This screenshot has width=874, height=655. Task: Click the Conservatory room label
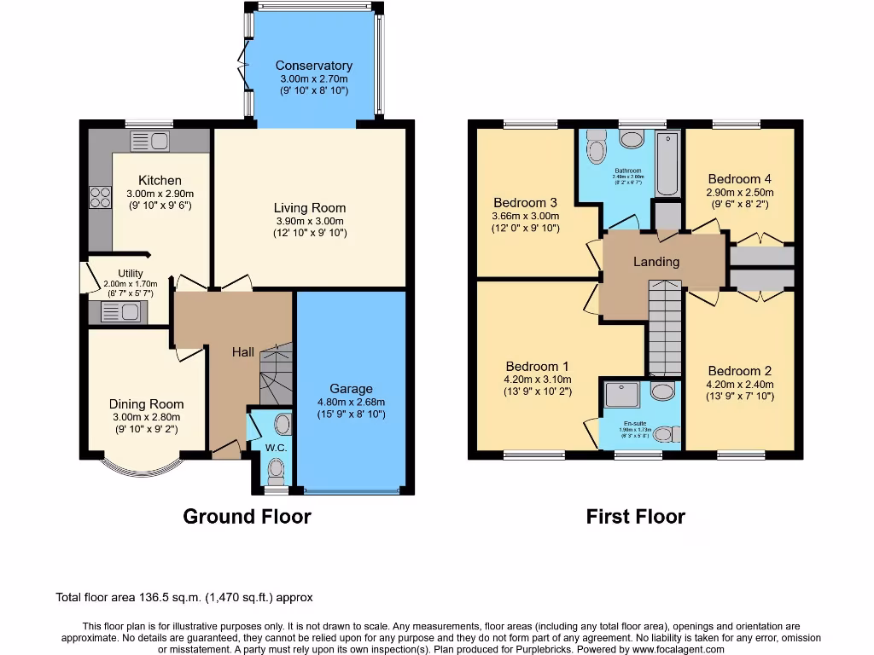313,66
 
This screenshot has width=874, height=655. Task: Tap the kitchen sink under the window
150,141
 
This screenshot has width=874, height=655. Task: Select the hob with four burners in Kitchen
100,198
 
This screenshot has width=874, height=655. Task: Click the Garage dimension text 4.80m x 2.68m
352,403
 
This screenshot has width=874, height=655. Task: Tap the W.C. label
276,447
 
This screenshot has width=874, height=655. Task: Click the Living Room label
310,207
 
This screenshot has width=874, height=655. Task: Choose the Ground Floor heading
247,516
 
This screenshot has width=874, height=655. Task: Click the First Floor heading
635,516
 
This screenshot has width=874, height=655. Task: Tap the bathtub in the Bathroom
667,163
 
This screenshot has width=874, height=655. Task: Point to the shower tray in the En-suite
619,394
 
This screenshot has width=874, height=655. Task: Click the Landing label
655,262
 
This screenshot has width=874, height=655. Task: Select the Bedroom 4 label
739,179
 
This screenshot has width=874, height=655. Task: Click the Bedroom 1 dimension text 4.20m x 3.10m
538,380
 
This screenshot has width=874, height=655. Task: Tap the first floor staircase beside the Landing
665,328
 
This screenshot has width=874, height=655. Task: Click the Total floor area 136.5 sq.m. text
189,598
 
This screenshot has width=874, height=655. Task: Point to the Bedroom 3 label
525,203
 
